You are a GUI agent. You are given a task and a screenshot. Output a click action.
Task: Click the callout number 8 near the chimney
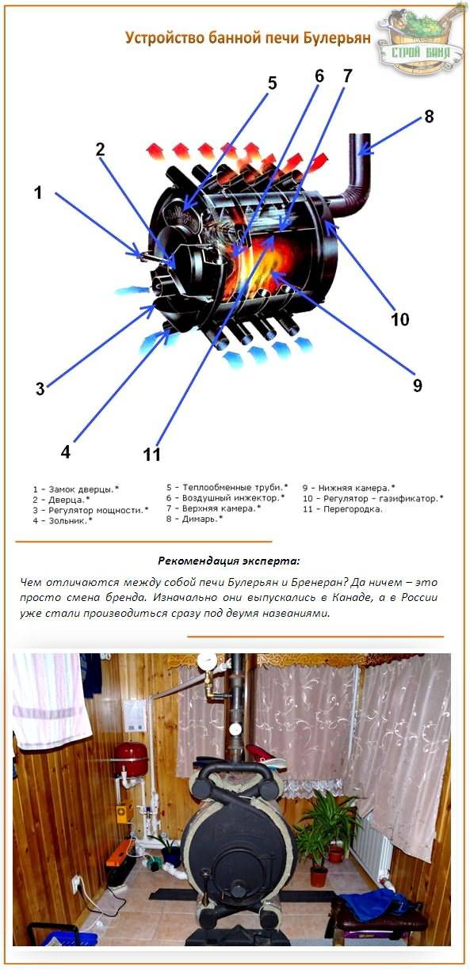pyautogui.click(x=429, y=116)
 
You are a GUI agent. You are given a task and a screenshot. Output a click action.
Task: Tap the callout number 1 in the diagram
pyautogui.click(x=37, y=192)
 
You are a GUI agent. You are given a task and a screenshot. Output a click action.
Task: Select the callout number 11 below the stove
pyautogui.click(x=151, y=454)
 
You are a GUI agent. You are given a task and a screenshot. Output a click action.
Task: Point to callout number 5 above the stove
pyautogui.click(x=272, y=83)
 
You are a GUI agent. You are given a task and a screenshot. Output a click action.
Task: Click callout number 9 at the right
pyautogui.click(x=417, y=385)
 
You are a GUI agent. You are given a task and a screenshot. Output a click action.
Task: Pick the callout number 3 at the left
pyautogui.click(x=39, y=388)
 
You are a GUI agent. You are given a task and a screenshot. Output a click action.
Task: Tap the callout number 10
pyautogui.click(x=400, y=319)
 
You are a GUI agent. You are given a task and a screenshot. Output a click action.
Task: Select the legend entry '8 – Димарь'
pyautogui.click(x=194, y=519)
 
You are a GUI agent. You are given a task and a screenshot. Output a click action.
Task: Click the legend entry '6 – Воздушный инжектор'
pyautogui.click(x=225, y=498)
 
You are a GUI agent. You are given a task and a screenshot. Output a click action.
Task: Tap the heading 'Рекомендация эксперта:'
pyautogui.click(x=229, y=561)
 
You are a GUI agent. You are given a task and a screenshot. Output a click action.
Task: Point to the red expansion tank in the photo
pyautogui.click(x=131, y=759)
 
